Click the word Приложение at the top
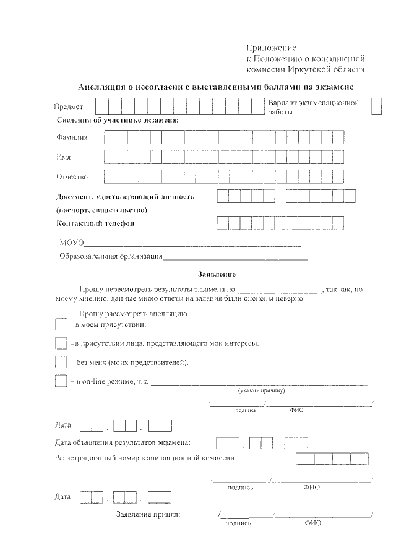pos(272,48)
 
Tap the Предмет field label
pos(68,107)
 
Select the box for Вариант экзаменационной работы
pos(376,106)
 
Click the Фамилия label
pos(72,137)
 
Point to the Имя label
pos(64,157)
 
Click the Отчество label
pos(72,177)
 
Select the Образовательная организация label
pos(111,256)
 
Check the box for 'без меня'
pos(61,362)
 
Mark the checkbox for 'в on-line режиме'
pos(61,381)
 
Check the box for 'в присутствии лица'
pos(61,343)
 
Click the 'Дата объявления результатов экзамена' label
pos(123,442)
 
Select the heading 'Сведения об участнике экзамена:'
pos(117,119)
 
